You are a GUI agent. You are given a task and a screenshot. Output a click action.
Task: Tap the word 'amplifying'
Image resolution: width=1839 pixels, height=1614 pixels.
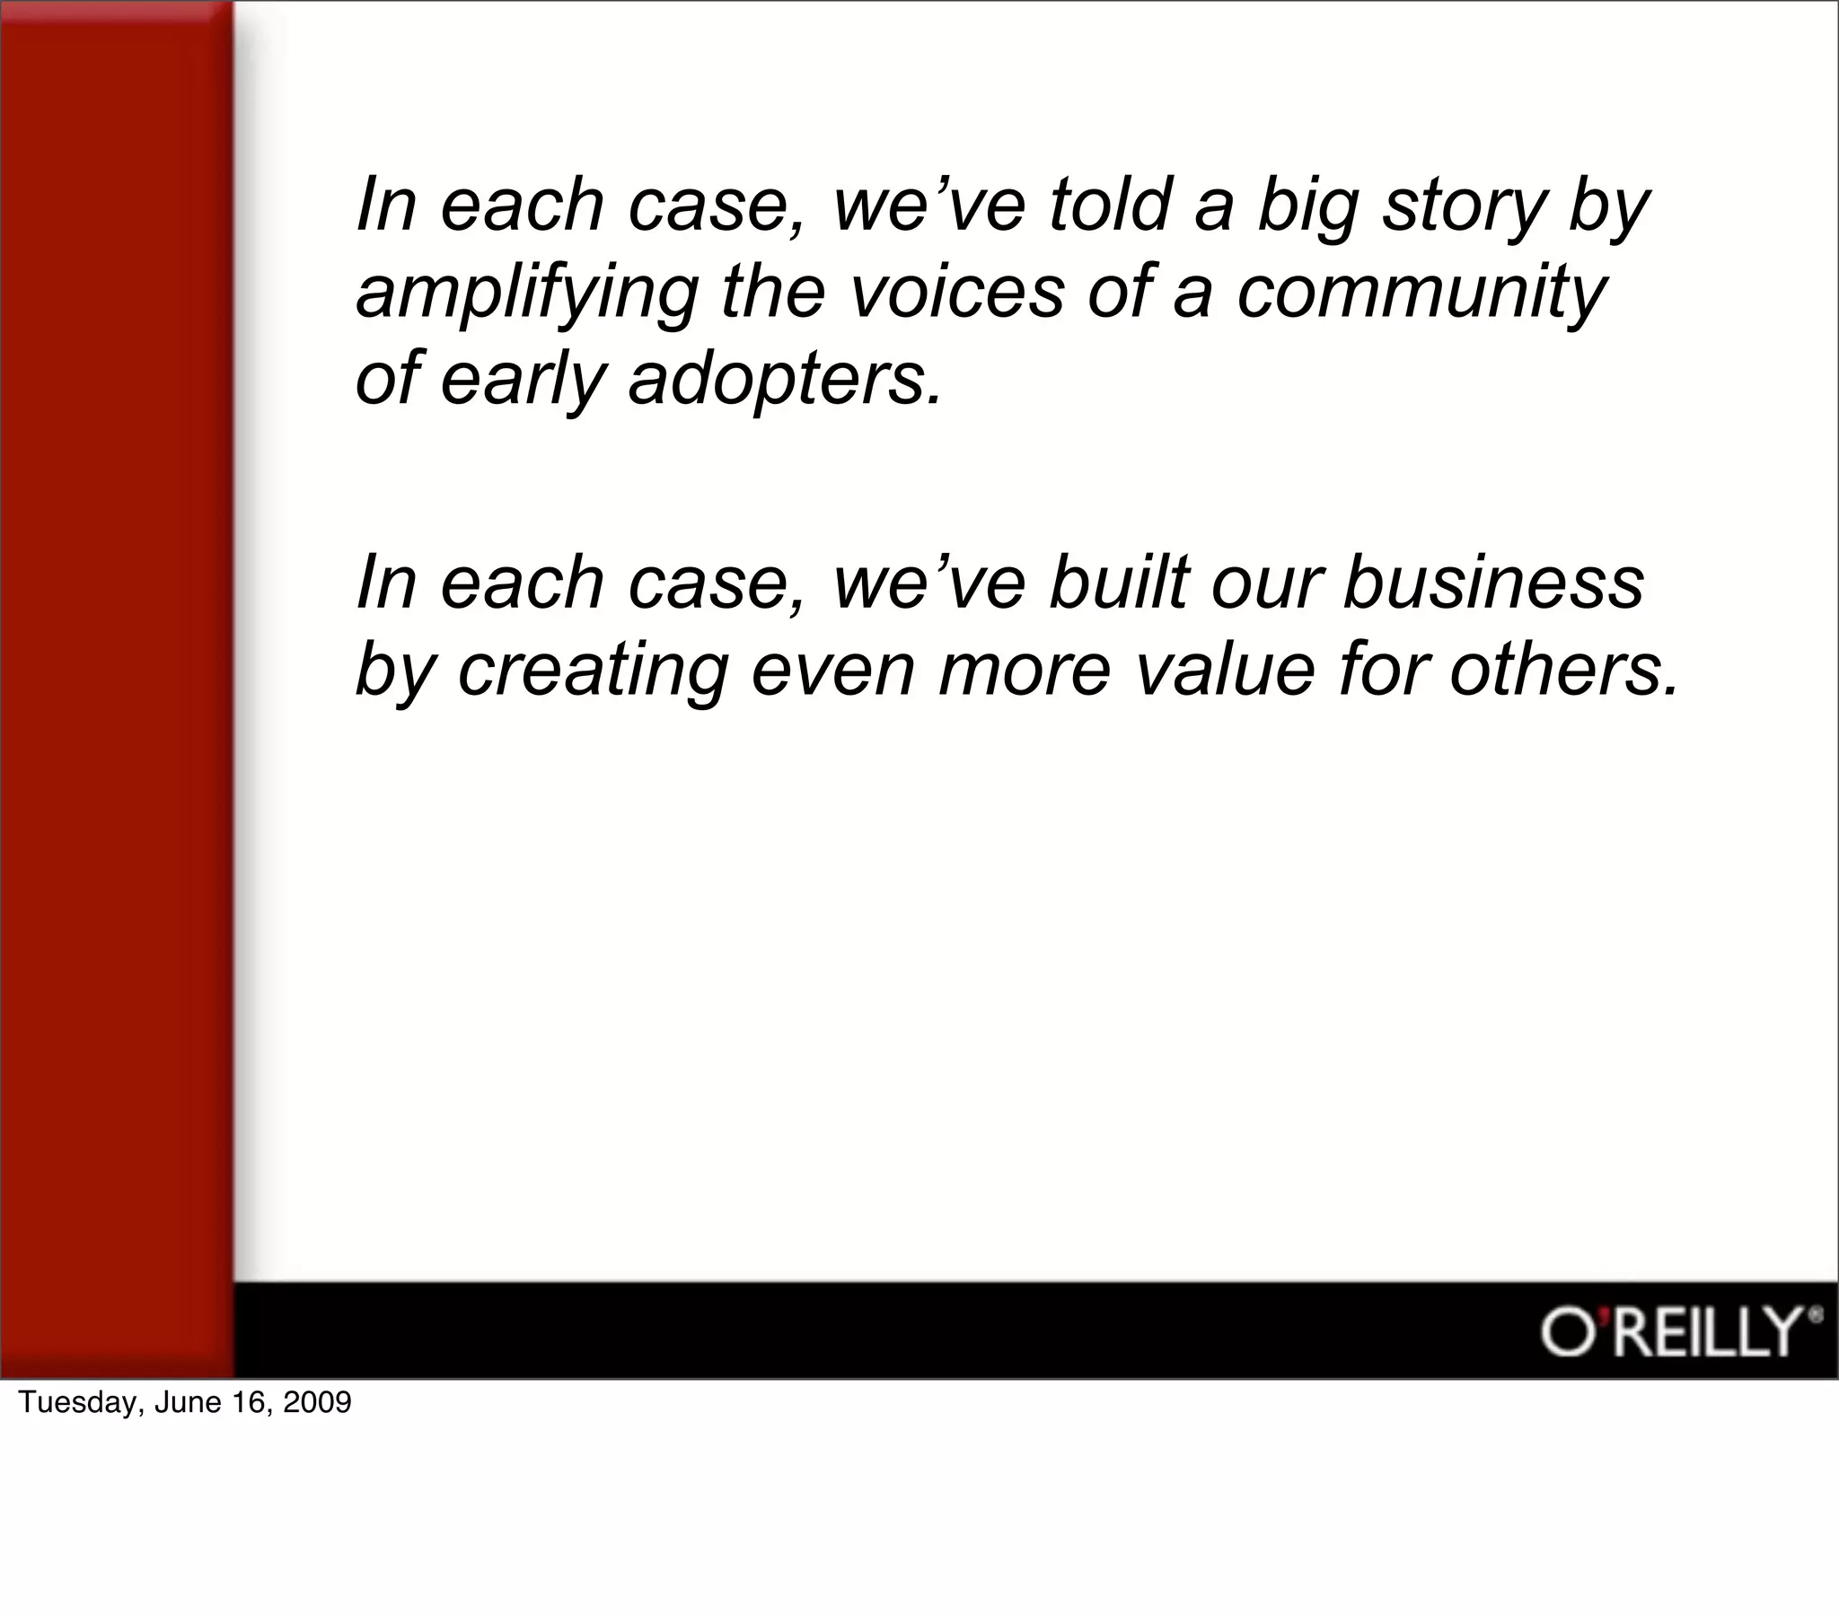point(527,294)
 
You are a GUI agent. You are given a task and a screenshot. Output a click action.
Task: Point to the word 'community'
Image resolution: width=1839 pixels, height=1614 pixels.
point(1421,294)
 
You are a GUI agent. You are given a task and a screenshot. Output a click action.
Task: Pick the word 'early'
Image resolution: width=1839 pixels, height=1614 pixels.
point(523,381)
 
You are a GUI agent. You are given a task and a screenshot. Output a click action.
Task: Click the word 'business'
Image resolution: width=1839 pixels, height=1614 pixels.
point(1493,582)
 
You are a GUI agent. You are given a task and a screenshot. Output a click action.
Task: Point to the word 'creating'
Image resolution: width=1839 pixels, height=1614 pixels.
point(593,671)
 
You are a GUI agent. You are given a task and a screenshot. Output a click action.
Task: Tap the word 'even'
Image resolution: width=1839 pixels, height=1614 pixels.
point(833,671)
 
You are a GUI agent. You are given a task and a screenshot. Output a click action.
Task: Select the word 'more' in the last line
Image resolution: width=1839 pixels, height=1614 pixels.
point(1025,671)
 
